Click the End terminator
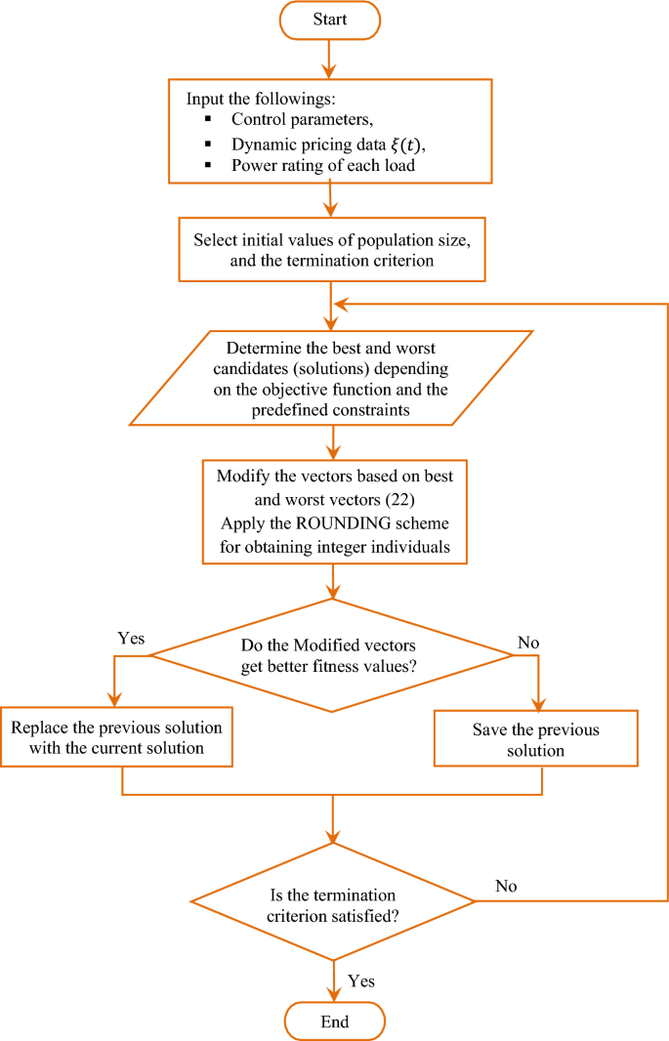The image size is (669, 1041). click(334, 1022)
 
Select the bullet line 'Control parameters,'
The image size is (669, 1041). click(286, 119)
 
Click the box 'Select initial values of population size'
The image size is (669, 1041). click(333, 250)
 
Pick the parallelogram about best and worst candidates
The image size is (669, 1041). click(332, 377)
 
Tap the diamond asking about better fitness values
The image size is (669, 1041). click(332, 655)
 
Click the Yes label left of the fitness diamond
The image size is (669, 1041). click(130, 639)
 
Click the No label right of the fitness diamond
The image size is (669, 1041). click(526, 643)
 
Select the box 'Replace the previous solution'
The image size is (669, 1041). click(117, 738)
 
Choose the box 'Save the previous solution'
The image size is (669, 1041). click(535, 740)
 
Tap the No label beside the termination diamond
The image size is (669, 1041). click(506, 886)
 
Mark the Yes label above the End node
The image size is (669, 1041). click(360, 980)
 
